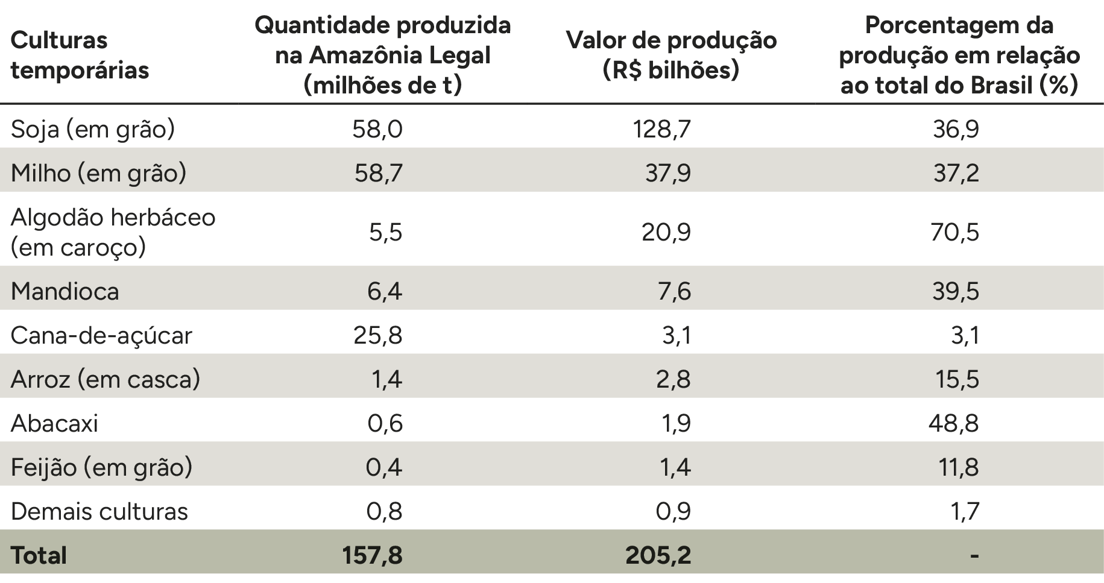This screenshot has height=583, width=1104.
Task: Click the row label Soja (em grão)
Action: [x=93, y=130]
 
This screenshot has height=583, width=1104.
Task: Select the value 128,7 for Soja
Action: [x=661, y=129]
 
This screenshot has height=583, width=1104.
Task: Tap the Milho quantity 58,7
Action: [x=378, y=173]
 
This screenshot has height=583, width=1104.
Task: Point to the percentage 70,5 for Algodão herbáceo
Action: [x=954, y=232]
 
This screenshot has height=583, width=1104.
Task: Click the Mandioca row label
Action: [x=65, y=292]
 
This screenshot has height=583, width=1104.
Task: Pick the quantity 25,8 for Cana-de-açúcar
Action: [x=378, y=335]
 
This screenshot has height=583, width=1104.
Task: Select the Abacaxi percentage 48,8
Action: [x=954, y=423]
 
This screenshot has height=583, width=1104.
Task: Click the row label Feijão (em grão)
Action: [x=101, y=467]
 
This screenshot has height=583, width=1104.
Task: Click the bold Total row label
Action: [x=39, y=555]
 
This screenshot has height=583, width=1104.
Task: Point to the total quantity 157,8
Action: [x=372, y=555]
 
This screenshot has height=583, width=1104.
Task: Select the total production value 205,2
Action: [x=658, y=555]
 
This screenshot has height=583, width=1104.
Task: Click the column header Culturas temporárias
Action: [x=80, y=55]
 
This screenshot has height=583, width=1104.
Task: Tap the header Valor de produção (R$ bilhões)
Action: [x=671, y=55]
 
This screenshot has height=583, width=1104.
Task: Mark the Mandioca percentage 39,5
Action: [x=954, y=292]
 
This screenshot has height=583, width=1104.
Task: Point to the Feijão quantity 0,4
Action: [x=384, y=467]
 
